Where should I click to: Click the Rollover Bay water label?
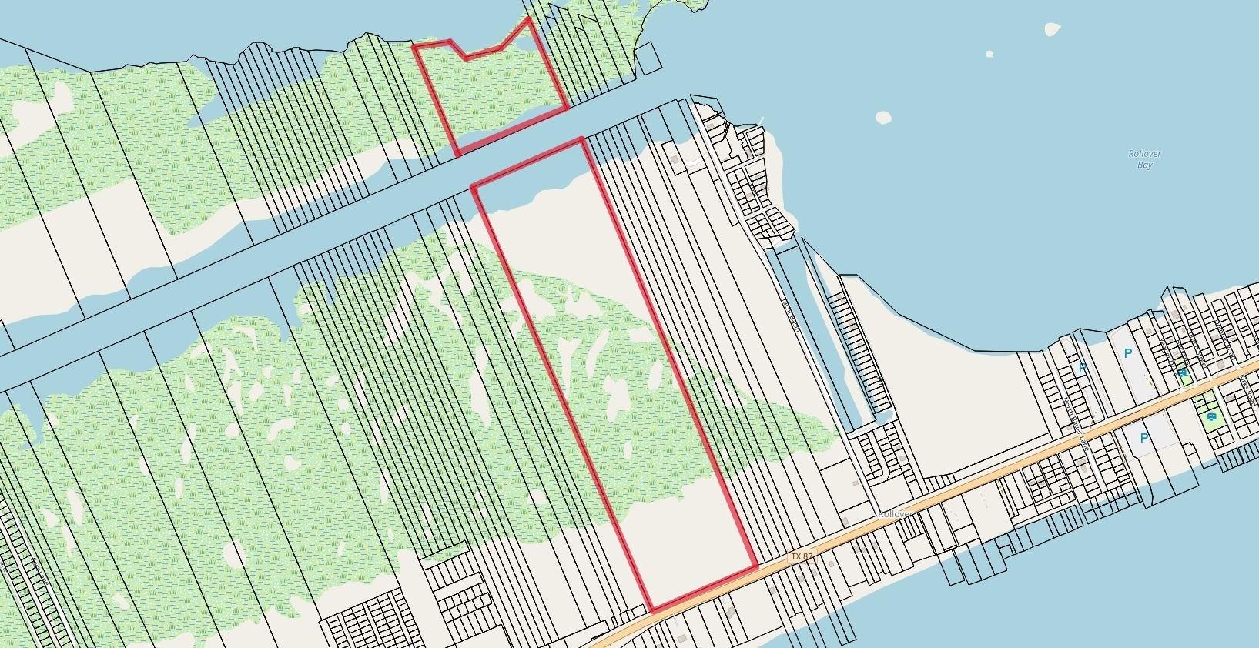(x=1144, y=159)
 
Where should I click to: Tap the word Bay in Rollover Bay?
(x=1145, y=165)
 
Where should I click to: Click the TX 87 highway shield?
(x=802, y=556)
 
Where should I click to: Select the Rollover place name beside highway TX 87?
(x=895, y=514)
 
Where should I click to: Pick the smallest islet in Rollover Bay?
(x=989, y=54)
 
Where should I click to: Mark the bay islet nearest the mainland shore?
(x=883, y=118)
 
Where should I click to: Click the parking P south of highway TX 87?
(x=1144, y=438)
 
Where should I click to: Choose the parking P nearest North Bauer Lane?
(x=1083, y=368)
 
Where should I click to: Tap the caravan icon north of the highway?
(x=1182, y=373)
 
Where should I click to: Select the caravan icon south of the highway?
(x=1212, y=417)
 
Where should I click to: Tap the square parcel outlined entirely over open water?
(x=648, y=57)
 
